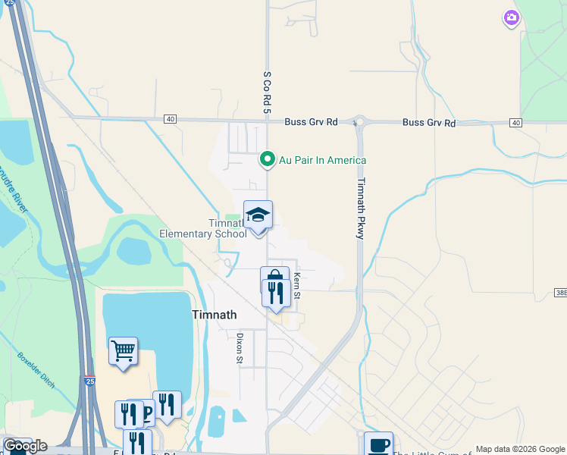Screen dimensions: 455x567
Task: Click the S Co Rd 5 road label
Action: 267,93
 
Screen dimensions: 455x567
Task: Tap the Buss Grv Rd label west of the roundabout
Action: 310,122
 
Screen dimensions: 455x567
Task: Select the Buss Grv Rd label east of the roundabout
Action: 429,122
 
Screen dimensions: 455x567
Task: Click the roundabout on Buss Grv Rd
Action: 359,121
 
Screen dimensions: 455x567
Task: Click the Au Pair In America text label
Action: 322,160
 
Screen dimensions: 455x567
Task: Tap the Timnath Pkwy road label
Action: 362,209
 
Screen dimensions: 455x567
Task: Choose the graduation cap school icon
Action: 258,215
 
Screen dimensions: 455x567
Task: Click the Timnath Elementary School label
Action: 203,228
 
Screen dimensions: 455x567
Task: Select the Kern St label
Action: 297,285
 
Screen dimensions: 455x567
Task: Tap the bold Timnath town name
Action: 215,315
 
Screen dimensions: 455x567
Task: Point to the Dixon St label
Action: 239,348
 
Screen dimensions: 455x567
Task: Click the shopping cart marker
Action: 123,351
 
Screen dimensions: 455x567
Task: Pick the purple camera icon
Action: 512,17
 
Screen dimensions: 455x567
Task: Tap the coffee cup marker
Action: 378,444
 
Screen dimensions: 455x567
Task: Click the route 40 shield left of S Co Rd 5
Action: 169,119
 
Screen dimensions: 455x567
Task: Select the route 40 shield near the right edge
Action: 515,123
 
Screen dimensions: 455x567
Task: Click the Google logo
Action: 24,446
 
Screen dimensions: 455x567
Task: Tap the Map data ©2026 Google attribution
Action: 519,449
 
